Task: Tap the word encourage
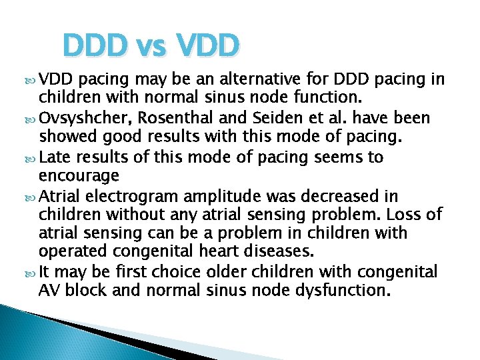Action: point(79,176)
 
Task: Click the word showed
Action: point(65,138)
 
